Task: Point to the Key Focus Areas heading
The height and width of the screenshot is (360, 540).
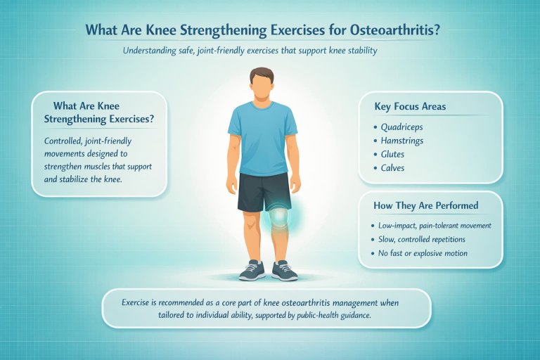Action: click(x=411, y=107)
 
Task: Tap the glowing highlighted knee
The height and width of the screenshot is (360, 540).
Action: click(x=279, y=217)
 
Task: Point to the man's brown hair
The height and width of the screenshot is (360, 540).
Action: click(x=262, y=74)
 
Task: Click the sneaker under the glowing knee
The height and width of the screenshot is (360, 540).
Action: click(x=283, y=269)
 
